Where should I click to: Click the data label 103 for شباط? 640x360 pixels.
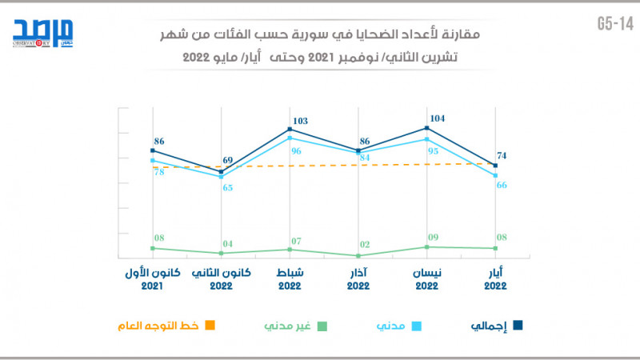click(x=300, y=121)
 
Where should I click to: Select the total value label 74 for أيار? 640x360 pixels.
click(x=502, y=155)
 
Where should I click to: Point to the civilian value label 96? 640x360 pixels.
click(x=295, y=151)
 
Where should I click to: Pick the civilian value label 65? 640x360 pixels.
click(x=227, y=188)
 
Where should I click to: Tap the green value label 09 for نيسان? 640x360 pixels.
click(x=433, y=237)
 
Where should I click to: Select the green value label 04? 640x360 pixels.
click(x=227, y=243)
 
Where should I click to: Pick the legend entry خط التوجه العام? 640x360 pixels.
click(x=170, y=326)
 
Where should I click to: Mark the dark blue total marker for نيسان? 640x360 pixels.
click(x=428, y=128)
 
